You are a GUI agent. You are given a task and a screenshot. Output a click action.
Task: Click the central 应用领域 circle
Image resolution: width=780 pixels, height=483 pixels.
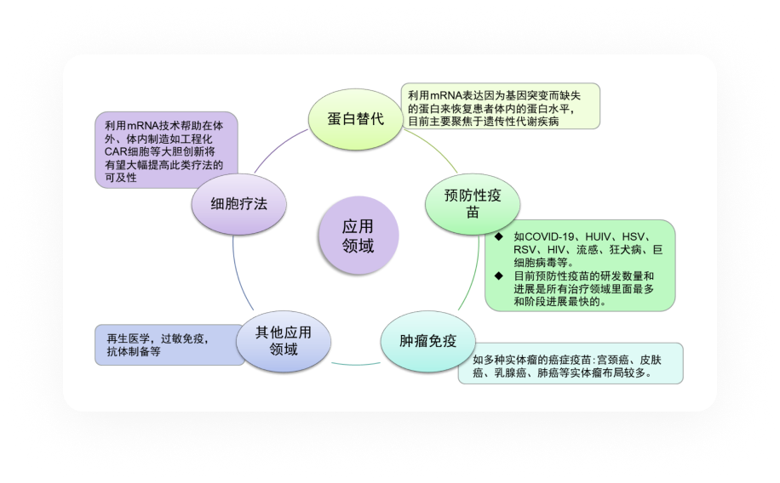pos(358,235)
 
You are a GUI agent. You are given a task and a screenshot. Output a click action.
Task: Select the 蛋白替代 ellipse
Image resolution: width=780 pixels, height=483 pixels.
pos(356,119)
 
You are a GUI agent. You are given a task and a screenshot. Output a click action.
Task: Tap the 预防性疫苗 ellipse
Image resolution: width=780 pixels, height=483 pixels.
pos(473,204)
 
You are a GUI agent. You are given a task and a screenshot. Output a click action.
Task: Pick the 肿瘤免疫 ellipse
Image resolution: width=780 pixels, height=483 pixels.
pos(427,341)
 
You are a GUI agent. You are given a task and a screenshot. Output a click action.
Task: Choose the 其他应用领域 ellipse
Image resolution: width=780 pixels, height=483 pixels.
pos(284,341)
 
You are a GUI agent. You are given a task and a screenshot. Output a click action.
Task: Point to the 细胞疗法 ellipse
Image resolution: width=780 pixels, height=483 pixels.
pos(238,204)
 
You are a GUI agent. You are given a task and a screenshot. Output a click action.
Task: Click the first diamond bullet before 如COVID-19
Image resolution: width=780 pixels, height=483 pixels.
pos(499,236)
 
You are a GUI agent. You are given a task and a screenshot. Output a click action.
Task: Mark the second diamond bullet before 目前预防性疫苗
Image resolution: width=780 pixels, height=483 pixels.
pos(499,276)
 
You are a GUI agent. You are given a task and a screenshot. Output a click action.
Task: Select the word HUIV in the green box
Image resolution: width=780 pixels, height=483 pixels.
pos(598,236)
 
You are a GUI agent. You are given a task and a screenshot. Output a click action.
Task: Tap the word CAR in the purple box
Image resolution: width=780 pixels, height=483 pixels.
pos(115,151)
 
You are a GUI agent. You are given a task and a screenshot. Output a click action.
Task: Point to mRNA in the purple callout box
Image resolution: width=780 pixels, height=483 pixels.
pos(143,126)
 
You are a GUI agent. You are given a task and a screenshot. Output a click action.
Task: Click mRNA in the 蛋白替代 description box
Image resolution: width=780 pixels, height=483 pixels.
pos(446,95)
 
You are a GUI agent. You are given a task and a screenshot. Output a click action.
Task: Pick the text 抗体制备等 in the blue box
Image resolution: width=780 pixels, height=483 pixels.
pos(134,352)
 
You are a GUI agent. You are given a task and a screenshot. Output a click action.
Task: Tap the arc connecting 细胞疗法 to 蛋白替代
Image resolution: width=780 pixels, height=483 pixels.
pos(279,148)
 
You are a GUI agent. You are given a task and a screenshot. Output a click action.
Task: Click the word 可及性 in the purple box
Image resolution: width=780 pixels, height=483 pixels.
pos(121,178)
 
